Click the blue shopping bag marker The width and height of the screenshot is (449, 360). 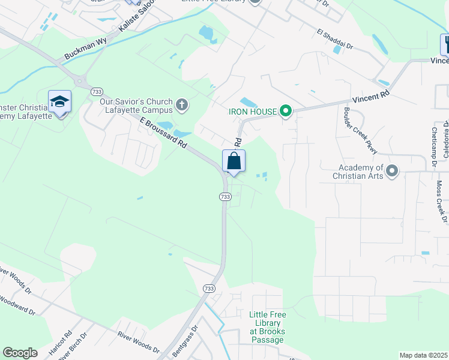[234, 161]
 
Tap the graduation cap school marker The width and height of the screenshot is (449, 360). [60, 101]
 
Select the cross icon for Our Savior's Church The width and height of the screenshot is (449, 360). [182, 106]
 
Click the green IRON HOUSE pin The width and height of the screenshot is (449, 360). [286, 111]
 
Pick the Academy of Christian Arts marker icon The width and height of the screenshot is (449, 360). [392, 172]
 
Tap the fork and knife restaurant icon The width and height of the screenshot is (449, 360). [445, 44]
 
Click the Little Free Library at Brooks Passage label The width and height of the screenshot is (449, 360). [268, 327]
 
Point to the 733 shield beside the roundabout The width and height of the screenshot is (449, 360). [97, 91]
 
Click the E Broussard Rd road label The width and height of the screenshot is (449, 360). [163, 133]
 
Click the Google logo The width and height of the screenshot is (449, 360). [20, 353]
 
